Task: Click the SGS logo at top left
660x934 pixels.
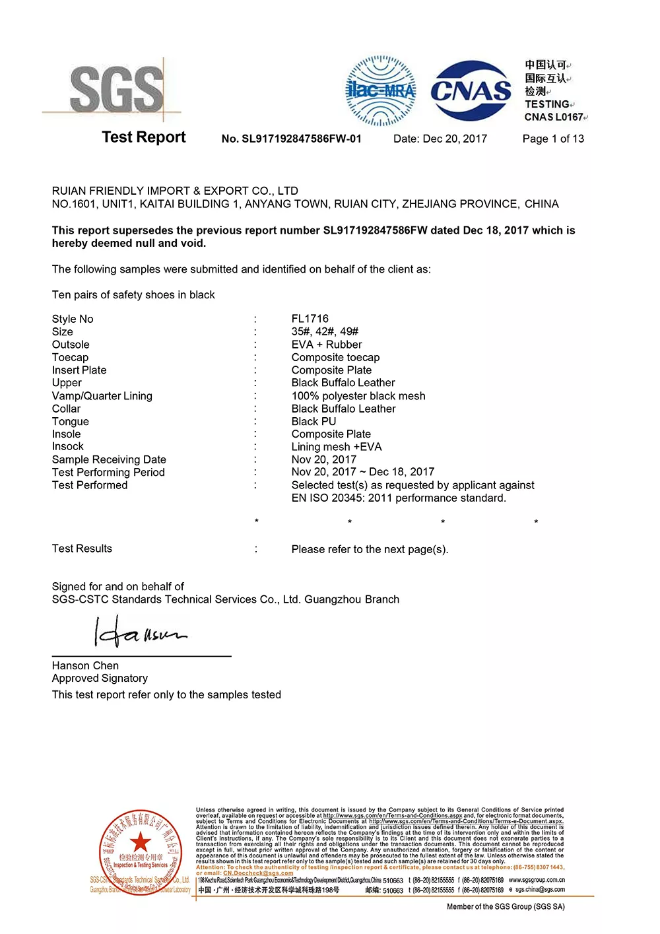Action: (116, 89)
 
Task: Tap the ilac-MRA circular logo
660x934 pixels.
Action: (381, 91)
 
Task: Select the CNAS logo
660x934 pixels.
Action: (471, 90)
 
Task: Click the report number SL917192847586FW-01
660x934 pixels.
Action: (291, 139)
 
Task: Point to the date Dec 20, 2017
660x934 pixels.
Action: (455, 139)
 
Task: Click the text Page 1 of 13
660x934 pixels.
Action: (553, 139)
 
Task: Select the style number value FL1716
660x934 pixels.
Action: (310, 319)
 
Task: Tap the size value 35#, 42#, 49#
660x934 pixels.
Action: (325, 331)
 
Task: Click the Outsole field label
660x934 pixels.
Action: (71, 345)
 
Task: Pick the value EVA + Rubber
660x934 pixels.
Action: (327, 345)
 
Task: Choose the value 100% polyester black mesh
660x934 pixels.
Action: (358, 396)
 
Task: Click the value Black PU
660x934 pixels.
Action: (313, 421)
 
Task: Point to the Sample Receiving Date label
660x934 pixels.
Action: (109, 459)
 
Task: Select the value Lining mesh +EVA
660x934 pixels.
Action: (337, 447)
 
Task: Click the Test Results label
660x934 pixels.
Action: (82, 549)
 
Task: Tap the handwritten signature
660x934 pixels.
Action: (140, 632)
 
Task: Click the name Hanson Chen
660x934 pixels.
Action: (85, 665)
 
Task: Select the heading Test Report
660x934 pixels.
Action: (144, 137)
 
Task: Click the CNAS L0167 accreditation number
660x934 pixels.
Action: (554, 117)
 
